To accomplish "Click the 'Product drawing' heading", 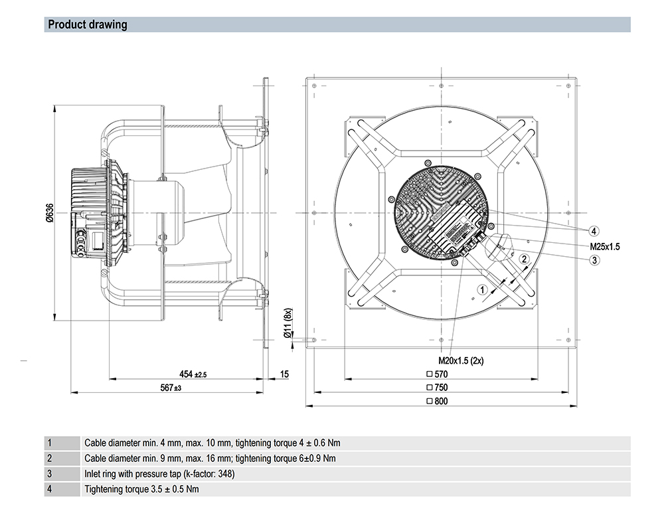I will (87, 25).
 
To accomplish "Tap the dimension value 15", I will (284, 375).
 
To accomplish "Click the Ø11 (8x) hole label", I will (288, 325).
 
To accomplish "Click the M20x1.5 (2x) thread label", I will (461, 362).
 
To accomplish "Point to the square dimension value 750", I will (438, 388).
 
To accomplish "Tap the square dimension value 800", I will (438, 402).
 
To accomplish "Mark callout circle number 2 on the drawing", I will (524, 259).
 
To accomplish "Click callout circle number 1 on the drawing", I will (483, 289).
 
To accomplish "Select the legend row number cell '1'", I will (49, 443).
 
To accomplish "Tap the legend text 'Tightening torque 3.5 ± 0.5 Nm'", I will (141, 490).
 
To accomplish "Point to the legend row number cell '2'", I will (49, 459).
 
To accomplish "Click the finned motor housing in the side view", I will (90, 212).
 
